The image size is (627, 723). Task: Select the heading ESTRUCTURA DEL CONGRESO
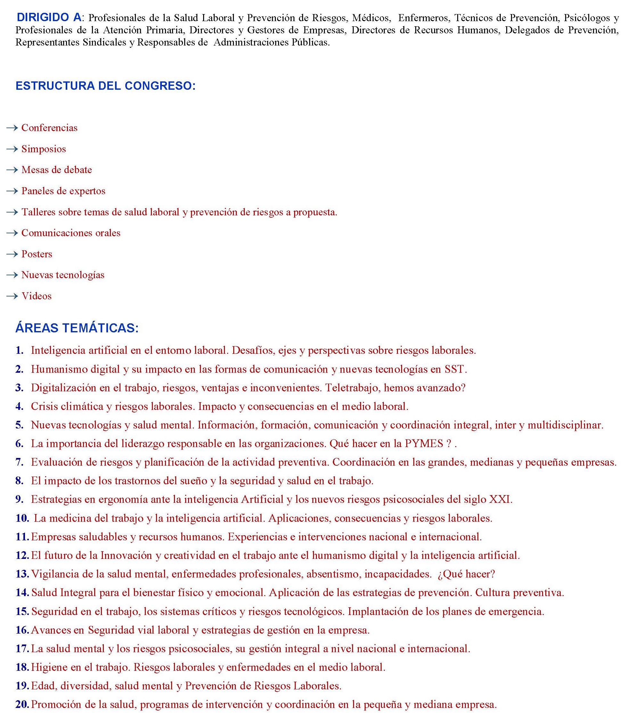pyautogui.click(x=105, y=86)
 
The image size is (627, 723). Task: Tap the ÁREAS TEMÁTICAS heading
pyautogui.click(x=77, y=328)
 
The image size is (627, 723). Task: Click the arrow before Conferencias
pyautogui.click(x=12, y=128)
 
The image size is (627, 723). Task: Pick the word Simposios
pyautogui.click(x=44, y=149)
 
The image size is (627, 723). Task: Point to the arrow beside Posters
pyautogui.click(x=12, y=254)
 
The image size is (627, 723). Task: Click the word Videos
pyautogui.click(x=37, y=296)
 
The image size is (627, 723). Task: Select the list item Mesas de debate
pyautogui.click(x=57, y=170)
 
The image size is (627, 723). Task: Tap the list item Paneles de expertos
pyautogui.click(x=63, y=191)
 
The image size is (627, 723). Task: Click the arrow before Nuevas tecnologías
pyautogui.click(x=12, y=275)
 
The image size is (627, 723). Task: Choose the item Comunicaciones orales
pyautogui.click(x=71, y=233)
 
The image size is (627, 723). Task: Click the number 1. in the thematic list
pyautogui.click(x=20, y=350)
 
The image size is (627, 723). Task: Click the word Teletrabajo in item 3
pyautogui.click(x=350, y=388)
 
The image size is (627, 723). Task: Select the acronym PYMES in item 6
pyautogui.click(x=424, y=444)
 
